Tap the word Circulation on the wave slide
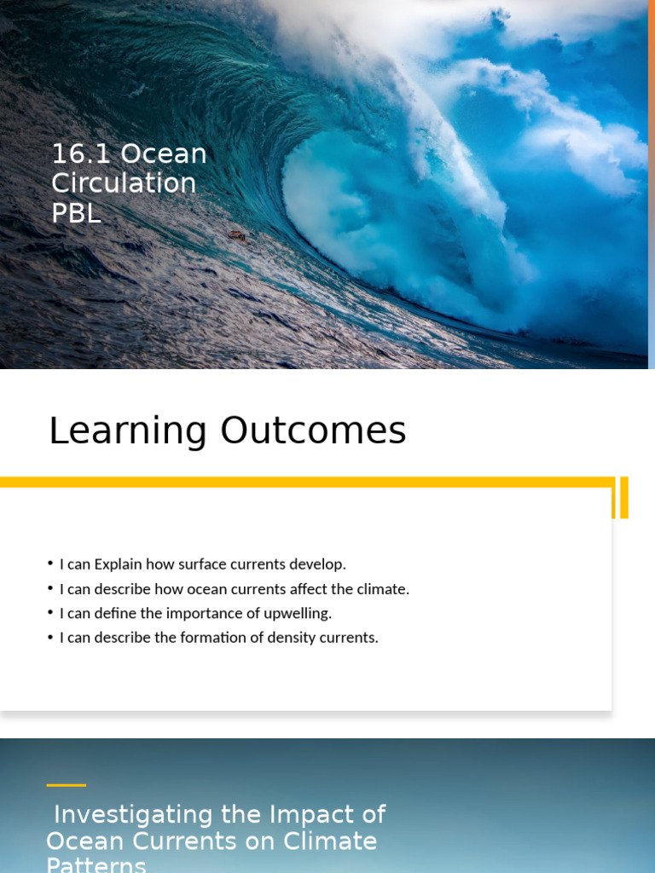click(x=124, y=183)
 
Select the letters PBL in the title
click(x=76, y=212)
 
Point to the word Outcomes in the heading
click(x=313, y=431)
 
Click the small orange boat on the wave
click(x=235, y=235)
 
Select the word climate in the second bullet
click(x=385, y=589)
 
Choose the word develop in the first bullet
click(x=319, y=564)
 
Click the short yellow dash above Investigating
click(x=66, y=785)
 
